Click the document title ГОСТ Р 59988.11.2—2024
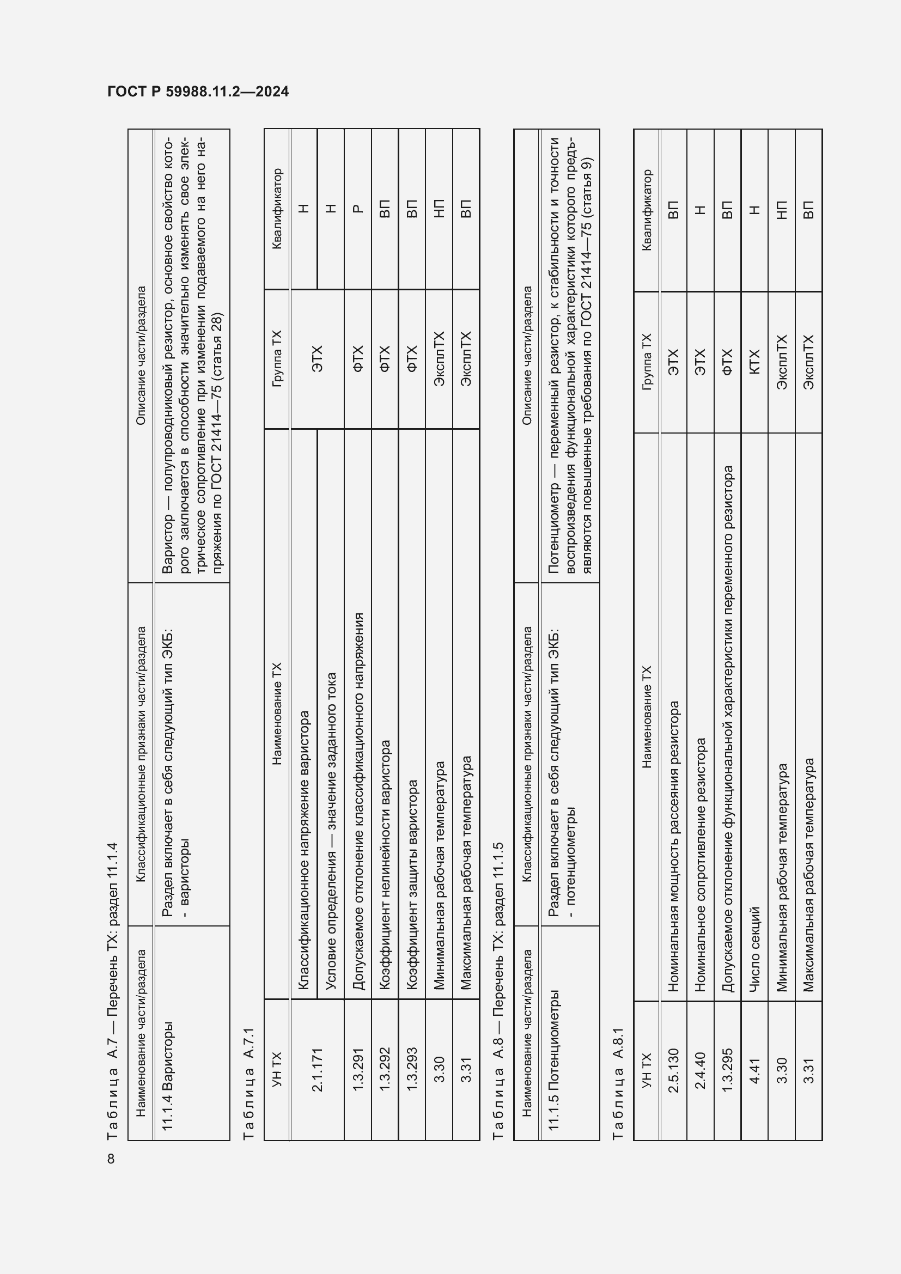[x=198, y=92]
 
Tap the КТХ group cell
[x=754, y=362]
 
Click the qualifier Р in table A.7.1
[x=358, y=209]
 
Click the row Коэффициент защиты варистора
[x=412, y=885]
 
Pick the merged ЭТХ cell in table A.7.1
[x=317, y=359]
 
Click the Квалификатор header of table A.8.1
[x=647, y=210]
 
